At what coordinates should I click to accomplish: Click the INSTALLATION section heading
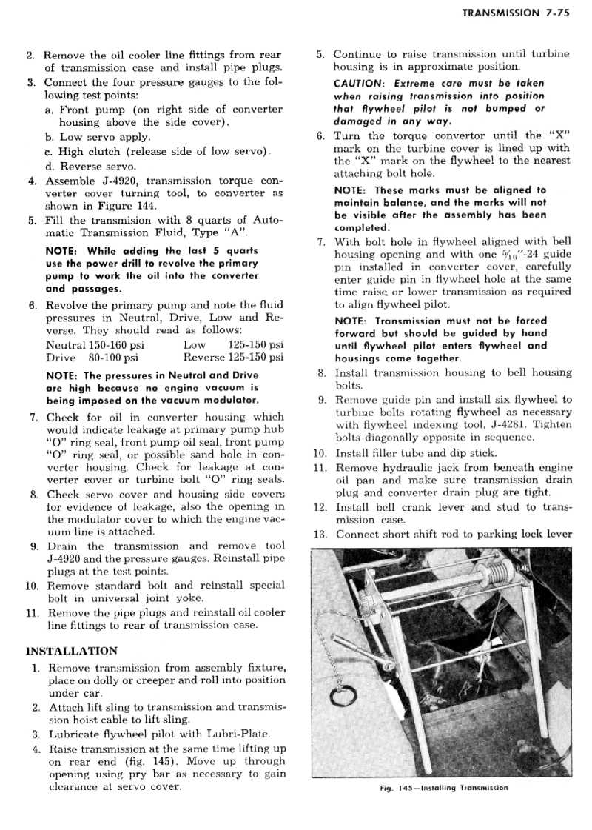click(71, 651)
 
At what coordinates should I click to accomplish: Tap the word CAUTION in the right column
click(358, 83)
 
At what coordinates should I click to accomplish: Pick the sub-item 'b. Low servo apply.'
click(97, 137)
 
